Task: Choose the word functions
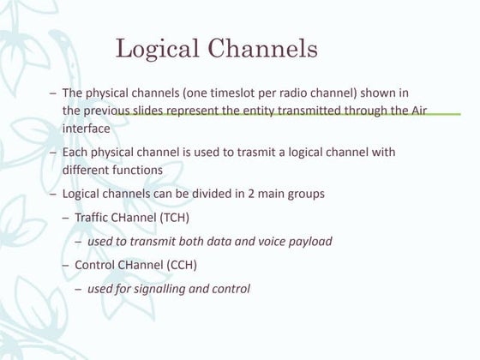pos(135,169)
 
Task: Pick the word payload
pos(309,242)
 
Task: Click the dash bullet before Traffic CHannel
pos(67,218)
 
